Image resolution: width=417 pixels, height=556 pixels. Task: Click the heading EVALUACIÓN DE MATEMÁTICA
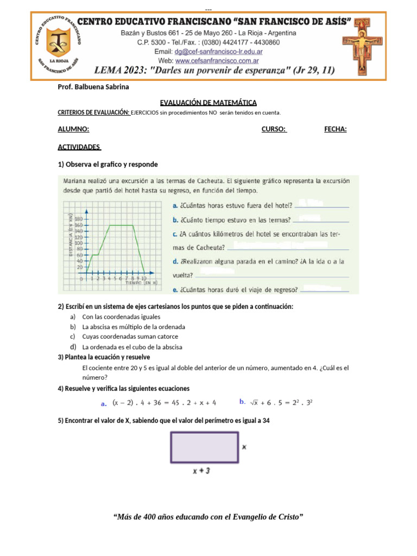click(x=208, y=103)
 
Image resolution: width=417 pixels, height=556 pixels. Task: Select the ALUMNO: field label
click(x=73, y=129)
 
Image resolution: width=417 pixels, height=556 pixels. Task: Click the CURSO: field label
click(x=274, y=129)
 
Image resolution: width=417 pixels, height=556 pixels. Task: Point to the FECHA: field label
click(x=335, y=129)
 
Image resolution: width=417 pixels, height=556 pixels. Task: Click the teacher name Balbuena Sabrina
click(x=103, y=87)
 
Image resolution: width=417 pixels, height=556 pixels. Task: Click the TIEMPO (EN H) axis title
click(x=142, y=283)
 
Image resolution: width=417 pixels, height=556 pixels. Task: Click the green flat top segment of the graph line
click(x=122, y=225)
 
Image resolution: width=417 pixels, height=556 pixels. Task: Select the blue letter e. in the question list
click(x=175, y=289)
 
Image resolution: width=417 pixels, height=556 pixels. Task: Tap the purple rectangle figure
click(x=204, y=447)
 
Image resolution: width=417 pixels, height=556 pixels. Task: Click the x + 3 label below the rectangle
click(x=201, y=471)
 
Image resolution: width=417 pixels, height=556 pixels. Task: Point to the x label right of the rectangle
click(x=244, y=447)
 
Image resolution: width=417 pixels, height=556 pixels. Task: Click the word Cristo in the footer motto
click(x=290, y=517)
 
